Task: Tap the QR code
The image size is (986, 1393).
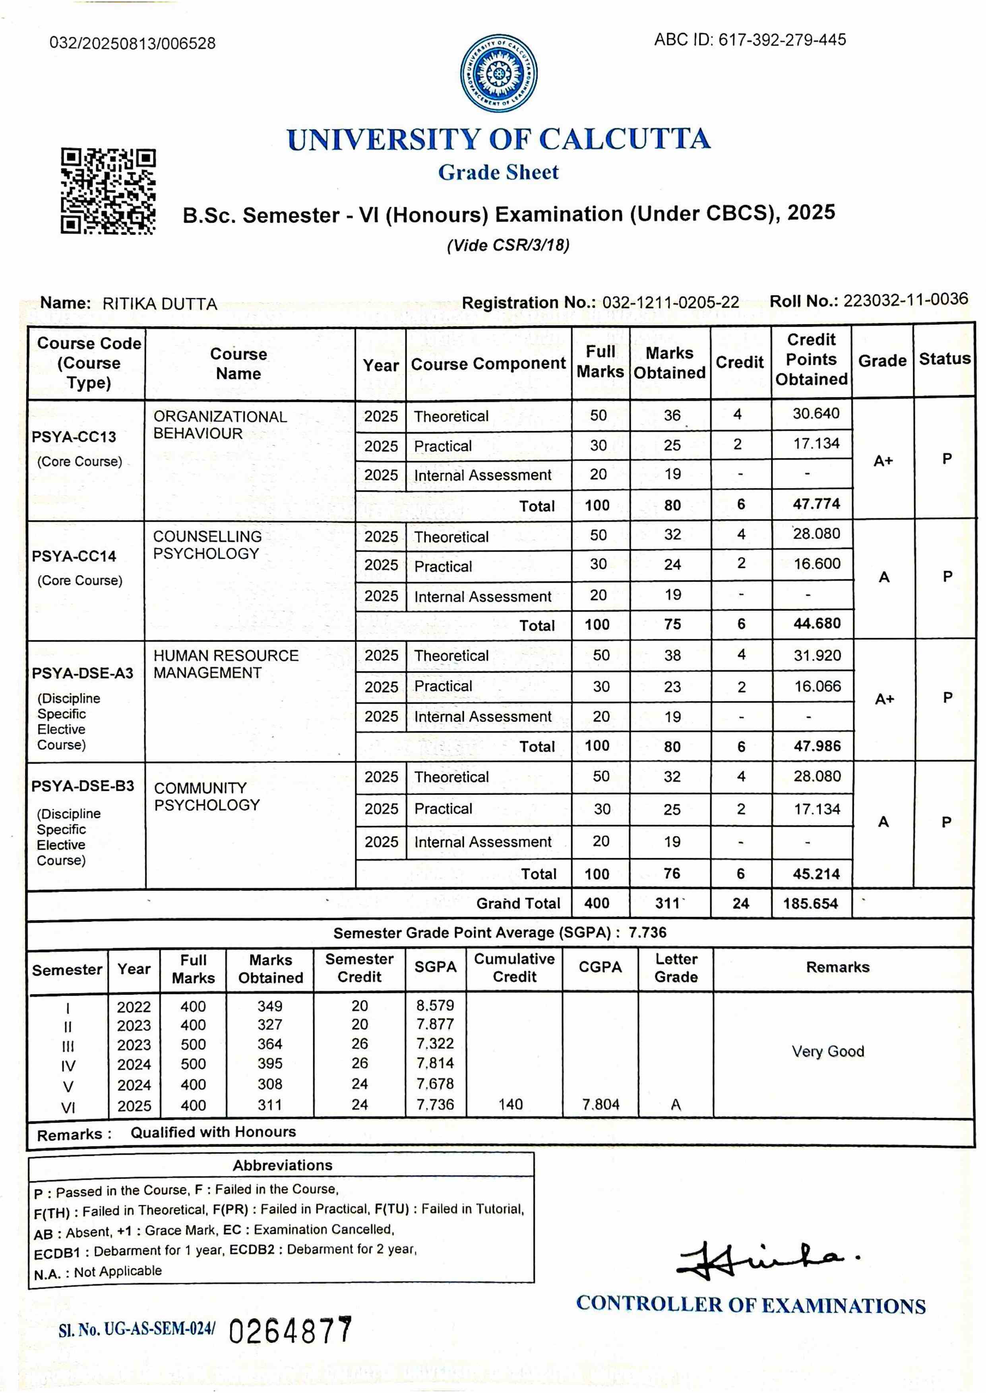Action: tap(108, 191)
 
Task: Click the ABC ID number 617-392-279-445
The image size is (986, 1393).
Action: tap(782, 40)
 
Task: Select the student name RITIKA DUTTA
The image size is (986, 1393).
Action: tap(160, 304)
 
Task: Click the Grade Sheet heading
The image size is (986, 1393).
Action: tap(498, 172)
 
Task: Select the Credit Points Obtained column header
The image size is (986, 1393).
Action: tap(811, 360)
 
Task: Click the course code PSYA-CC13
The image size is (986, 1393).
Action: tap(74, 437)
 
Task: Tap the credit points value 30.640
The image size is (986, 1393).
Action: tap(816, 414)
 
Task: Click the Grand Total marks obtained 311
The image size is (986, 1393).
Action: tap(668, 903)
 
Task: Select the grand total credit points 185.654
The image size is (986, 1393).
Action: tap(810, 903)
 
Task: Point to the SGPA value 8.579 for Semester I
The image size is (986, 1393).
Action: tap(435, 1005)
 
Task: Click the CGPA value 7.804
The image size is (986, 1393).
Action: tap(601, 1104)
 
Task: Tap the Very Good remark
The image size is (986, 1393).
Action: tap(827, 1052)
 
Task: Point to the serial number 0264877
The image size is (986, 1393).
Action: tap(290, 1331)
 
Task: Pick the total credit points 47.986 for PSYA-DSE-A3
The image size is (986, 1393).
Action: tap(817, 746)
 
